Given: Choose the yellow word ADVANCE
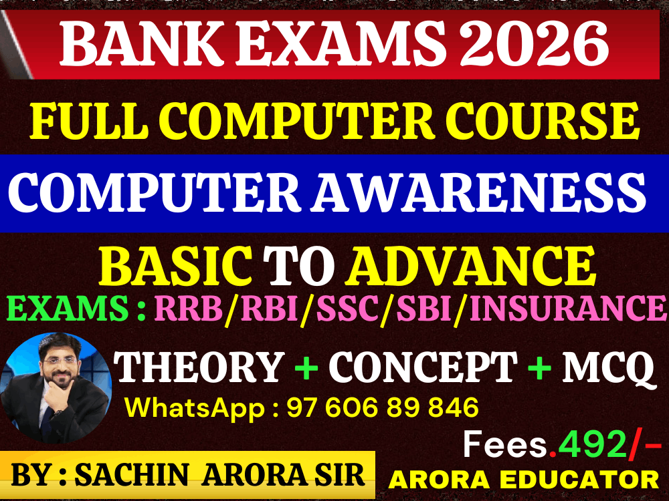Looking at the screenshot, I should [x=472, y=265].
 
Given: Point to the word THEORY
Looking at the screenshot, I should [x=200, y=367].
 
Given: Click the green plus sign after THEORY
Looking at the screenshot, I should [x=306, y=367].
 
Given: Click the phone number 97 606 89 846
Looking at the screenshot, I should [x=383, y=407].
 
